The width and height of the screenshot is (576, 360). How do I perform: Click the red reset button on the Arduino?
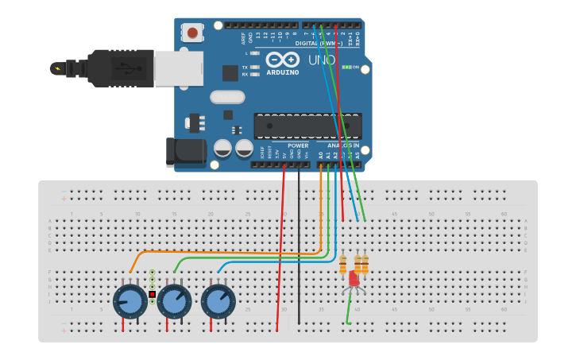pos(191,33)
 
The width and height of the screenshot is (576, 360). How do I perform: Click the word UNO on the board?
pos(322,60)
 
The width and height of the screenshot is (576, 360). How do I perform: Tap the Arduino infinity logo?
pos(282,60)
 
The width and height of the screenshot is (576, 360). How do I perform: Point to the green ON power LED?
pos(346,67)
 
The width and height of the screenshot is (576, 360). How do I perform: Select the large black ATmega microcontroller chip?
pos(307,126)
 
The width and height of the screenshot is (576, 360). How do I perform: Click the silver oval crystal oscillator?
pos(227,97)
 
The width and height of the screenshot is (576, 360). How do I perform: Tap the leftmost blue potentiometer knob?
pos(130,301)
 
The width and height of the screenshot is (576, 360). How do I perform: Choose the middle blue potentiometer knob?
pos(174,301)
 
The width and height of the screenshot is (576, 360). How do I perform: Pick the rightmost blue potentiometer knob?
pos(218,301)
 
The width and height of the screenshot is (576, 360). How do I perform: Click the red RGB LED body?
pos(354,279)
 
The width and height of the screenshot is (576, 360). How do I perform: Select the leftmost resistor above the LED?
pos(343,265)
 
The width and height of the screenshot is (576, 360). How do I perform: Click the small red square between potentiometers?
pos(152,294)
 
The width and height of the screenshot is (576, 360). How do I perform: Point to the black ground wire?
pos(299,246)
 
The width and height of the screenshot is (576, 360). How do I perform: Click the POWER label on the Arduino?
pos(298,145)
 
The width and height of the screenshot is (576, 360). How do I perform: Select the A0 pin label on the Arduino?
pos(321,155)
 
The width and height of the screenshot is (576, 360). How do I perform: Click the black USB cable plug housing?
pos(119,68)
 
